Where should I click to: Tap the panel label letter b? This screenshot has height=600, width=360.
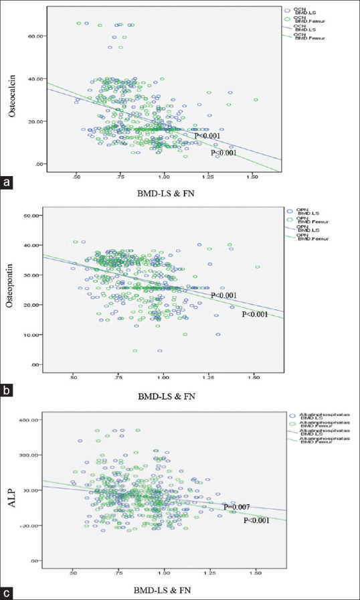click(7, 388)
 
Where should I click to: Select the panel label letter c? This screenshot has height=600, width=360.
click(7, 593)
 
